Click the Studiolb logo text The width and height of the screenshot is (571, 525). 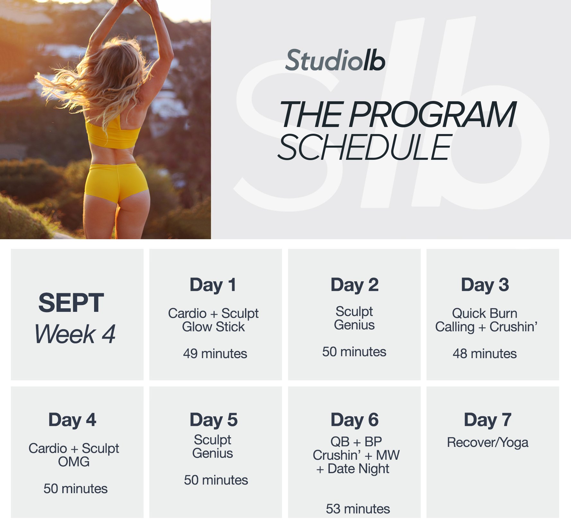tap(335, 60)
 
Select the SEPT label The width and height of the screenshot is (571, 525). tap(71, 303)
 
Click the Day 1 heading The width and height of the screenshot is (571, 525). tap(213, 285)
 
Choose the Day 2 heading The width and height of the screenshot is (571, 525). tap(355, 285)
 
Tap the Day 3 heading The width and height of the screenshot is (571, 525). tap(485, 285)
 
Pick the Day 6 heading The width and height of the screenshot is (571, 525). tap(355, 420)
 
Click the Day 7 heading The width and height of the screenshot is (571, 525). tap(488, 420)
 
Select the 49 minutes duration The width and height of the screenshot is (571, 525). tap(215, 354)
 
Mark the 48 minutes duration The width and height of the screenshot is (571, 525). tap(485, 354)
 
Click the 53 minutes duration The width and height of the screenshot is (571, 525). tap(358, 509)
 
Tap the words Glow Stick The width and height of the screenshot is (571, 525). tap(213, 327)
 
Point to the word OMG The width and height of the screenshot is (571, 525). tap(74, 462)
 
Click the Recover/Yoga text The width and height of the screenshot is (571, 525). tap(488, 443)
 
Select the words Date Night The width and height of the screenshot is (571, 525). tap(358, 469)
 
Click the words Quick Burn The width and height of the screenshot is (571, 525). tap(485, 313)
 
